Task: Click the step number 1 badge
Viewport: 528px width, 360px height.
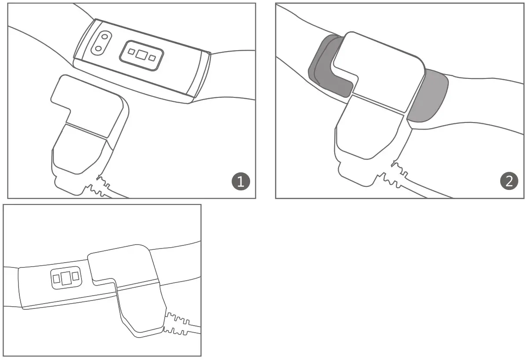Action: click(240, 182)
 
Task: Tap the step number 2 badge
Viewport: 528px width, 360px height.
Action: click(509, 182)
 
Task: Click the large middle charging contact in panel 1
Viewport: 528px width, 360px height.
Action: click(141, 55)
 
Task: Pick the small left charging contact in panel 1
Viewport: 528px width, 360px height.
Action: click(131, 52)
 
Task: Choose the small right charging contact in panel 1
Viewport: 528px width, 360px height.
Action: click(152, 58)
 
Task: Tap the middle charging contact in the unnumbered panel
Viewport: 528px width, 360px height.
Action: click(66, 278)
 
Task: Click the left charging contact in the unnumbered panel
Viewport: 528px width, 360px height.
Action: click(56, 279)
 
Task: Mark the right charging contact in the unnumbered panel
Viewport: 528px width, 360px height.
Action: click(75, 276)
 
